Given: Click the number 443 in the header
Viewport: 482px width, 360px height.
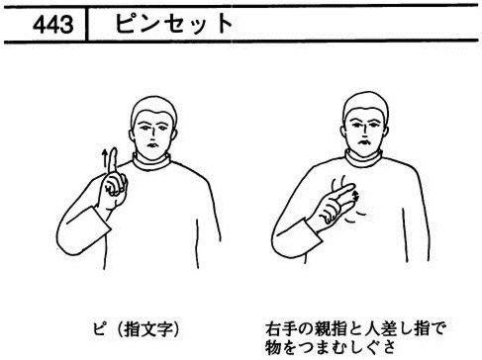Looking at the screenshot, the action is (53, 25).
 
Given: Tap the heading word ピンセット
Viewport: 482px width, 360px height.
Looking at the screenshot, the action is (174, 24).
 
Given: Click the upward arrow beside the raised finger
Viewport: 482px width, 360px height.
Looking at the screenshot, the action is (105, 160).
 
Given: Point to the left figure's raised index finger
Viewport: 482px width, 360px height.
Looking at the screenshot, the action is (114, 161).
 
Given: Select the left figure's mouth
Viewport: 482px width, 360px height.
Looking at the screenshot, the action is (153, 145).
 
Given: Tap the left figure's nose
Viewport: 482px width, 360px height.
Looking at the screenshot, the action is (152, 135).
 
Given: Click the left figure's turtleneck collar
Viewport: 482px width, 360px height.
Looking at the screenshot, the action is (151, 161).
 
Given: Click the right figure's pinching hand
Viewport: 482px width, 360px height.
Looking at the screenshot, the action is (334, 205).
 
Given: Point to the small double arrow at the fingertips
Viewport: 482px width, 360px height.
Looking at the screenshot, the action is (355, 195).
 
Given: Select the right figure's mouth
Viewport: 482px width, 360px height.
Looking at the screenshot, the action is (365, 143).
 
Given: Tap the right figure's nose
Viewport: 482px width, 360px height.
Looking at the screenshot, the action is (364, 133).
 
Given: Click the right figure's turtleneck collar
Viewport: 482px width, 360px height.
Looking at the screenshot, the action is (364, 159).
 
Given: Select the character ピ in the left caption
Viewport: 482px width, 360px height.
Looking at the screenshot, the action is (99, 328).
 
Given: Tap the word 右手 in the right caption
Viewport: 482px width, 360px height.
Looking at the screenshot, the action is (279, 328).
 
